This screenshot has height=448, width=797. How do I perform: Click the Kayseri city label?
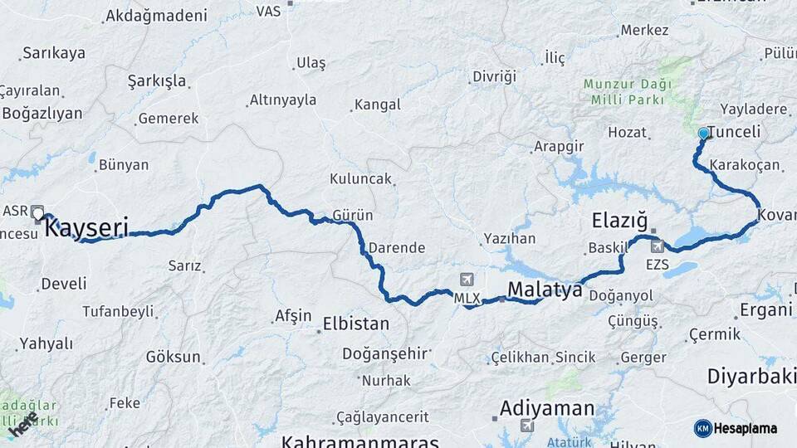86,227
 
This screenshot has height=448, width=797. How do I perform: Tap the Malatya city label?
544,289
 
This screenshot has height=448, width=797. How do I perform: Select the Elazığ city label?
619,221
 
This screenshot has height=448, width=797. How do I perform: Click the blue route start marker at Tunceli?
704,133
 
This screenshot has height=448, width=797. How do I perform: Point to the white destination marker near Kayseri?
38,214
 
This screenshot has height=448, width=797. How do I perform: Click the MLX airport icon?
467,280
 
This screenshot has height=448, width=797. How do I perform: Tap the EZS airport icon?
658,246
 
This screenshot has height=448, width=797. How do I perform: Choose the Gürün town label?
352,215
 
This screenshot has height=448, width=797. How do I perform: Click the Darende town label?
397,247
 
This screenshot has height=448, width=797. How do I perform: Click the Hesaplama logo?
736,428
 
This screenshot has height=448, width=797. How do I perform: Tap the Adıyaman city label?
547,408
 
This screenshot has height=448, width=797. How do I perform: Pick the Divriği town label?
494,76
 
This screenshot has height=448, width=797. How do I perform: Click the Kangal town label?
377,105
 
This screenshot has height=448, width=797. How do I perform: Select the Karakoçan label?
746,164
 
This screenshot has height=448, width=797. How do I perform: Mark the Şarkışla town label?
157,81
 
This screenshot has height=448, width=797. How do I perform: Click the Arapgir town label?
558,146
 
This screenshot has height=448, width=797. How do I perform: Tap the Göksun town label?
174,357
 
